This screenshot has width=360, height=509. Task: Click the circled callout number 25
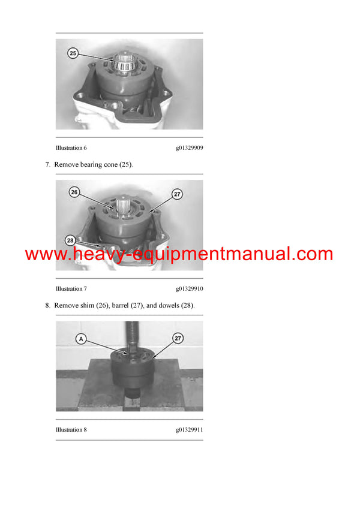[x=73, y=53]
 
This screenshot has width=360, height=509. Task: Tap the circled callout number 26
[x=74, y=192]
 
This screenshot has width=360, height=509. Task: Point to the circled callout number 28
[x=71, y=240]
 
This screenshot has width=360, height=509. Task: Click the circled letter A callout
[x=81, y=339]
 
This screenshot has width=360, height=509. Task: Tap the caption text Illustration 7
[x=71, y=289]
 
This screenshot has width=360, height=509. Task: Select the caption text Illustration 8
[x=71, y=430]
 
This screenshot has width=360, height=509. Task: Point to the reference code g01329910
[x=189, y=289]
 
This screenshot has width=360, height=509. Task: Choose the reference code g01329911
[x=189, y=430]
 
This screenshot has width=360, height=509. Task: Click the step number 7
[x=47, y=164]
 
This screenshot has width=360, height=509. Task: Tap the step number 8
[x=47, y=305]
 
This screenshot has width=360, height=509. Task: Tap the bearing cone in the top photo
[x=124, y=61]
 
